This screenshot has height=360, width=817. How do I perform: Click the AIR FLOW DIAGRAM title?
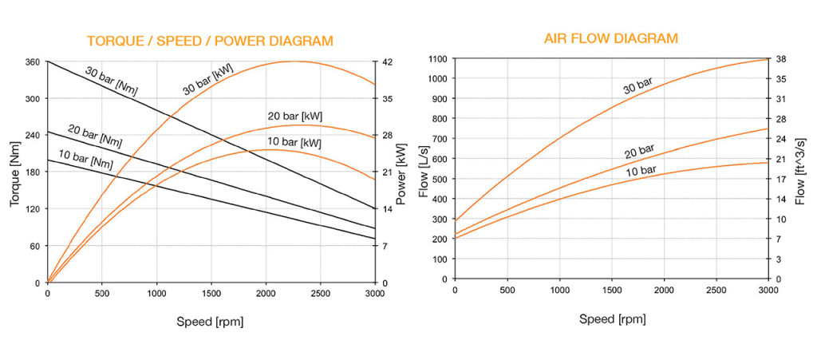pos(611,39)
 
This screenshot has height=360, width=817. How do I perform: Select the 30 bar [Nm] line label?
pos(111,81)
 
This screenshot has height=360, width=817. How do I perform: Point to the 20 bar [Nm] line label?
pos(95,136)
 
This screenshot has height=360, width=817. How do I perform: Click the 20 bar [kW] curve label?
pos(294,117)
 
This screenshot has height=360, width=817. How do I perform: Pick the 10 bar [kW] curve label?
pos(293,143)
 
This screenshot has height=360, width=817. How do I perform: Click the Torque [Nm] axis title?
pos(15,172)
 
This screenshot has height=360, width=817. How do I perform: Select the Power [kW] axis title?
pos(400,172)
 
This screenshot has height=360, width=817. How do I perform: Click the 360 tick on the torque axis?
pos(32,61)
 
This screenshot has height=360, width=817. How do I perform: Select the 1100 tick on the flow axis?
pos(435,59)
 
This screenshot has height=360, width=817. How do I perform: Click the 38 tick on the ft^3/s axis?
pos(781,59)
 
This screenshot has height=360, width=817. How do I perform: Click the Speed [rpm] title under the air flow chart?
pos(612,319)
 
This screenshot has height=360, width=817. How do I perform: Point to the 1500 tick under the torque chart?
pos(211,293)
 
